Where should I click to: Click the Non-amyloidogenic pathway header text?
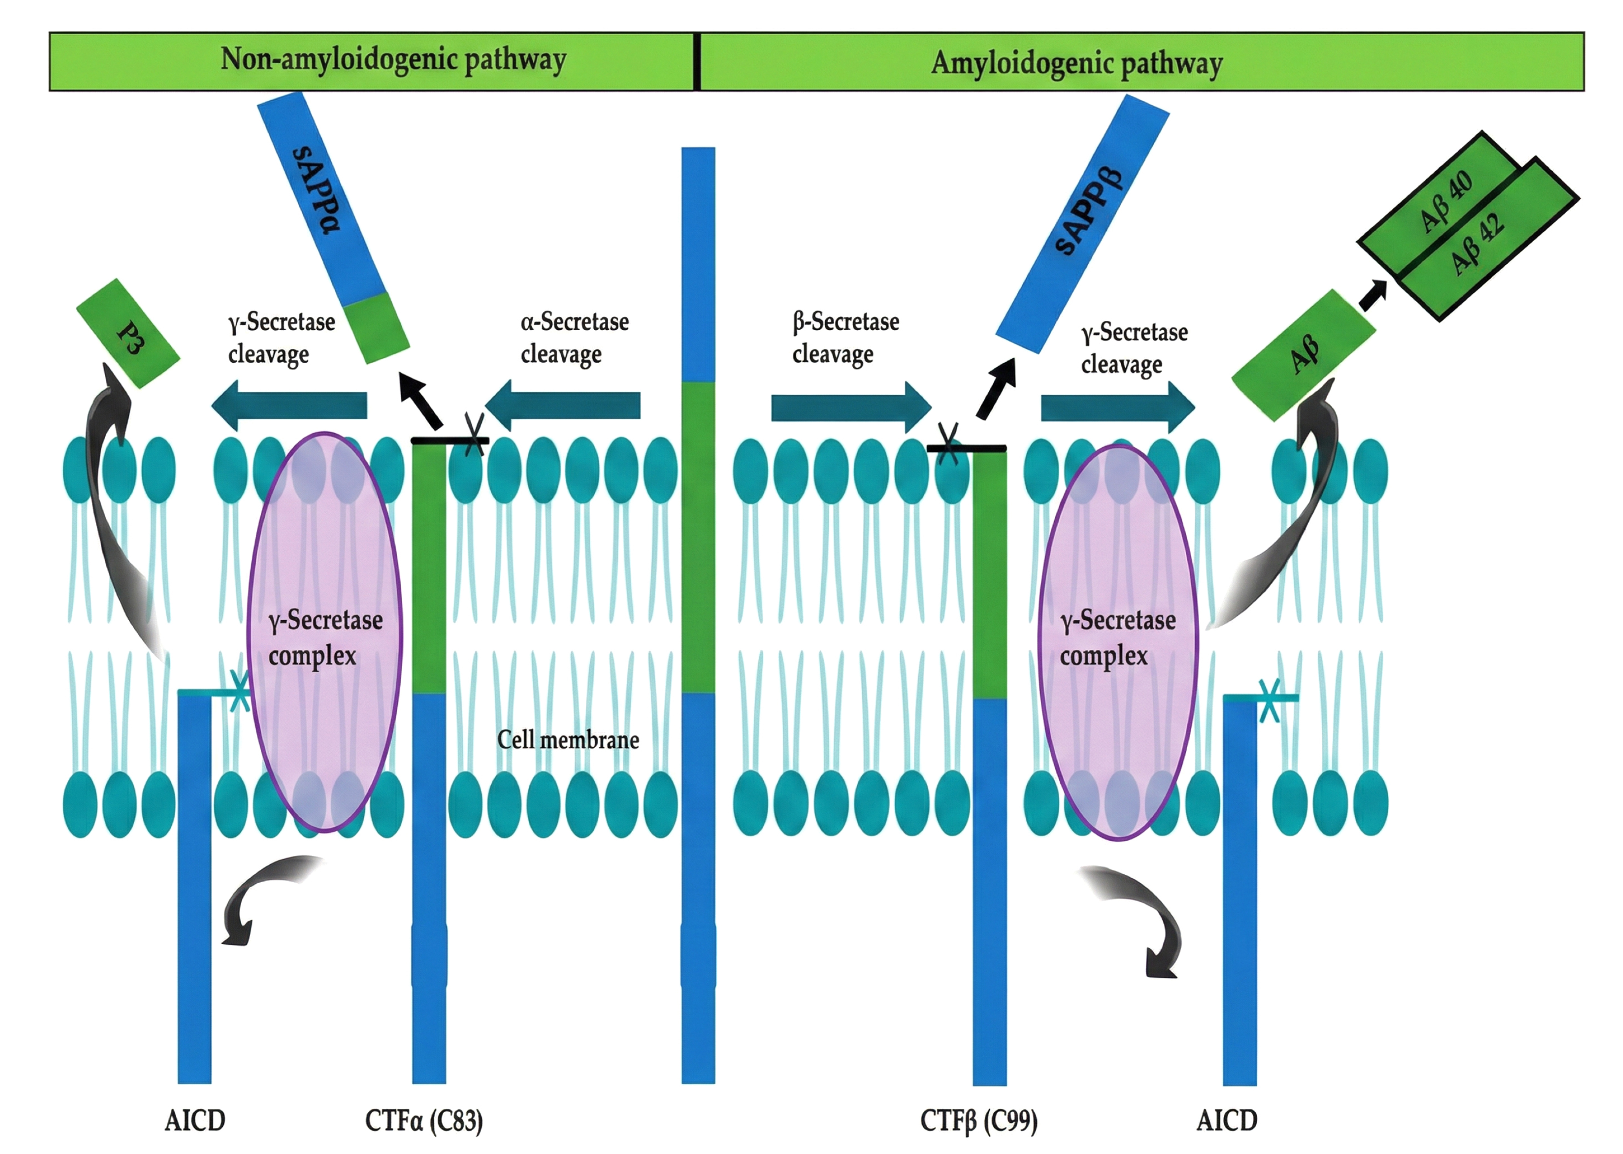tap(393, 60)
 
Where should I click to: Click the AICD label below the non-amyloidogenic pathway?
tap(195, 1121)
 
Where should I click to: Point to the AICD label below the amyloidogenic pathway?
tap(1227, 1121)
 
